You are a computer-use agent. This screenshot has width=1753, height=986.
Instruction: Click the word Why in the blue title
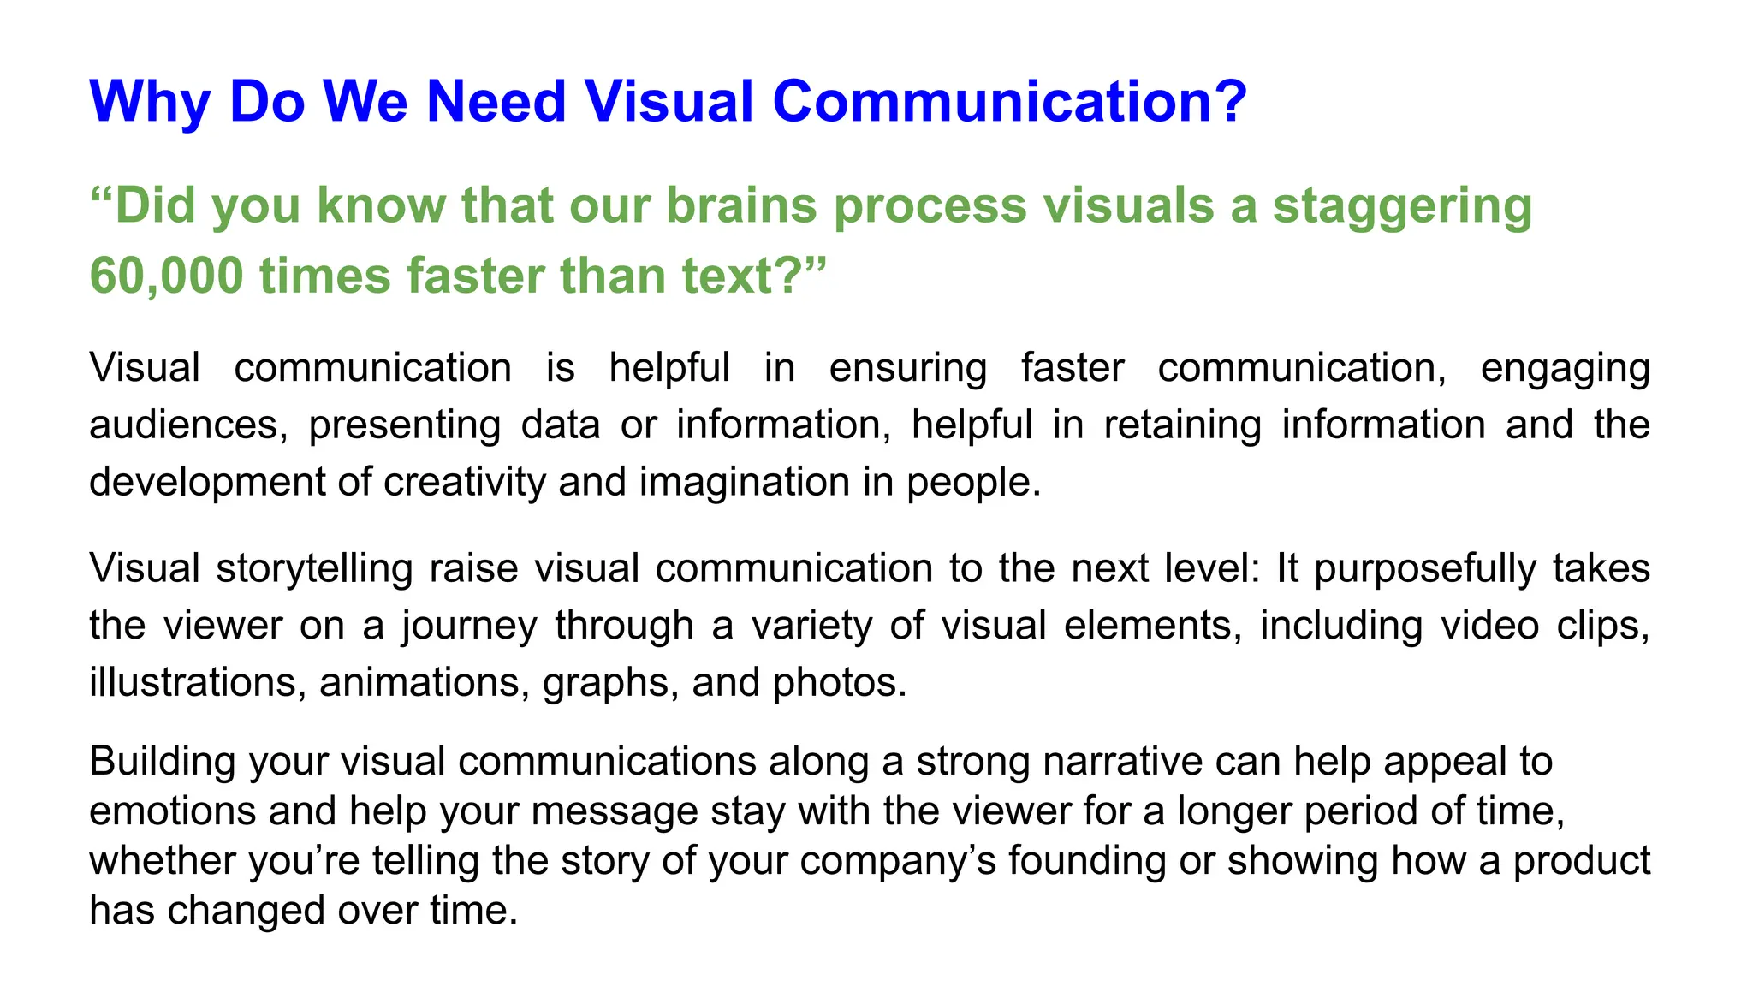pos(150,102)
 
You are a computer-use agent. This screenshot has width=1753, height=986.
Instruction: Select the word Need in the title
pos(496,102)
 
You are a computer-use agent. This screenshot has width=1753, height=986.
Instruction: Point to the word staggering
pos(1402,206)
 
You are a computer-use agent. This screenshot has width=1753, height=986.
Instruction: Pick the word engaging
pos(1565,369)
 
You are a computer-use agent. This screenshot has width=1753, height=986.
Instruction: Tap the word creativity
pos(464,482)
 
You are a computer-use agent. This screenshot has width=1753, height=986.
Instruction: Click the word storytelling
pos(314,569)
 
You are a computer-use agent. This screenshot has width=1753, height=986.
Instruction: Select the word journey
pos(469,626)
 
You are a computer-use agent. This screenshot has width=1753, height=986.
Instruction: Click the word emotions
pos(172,811)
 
